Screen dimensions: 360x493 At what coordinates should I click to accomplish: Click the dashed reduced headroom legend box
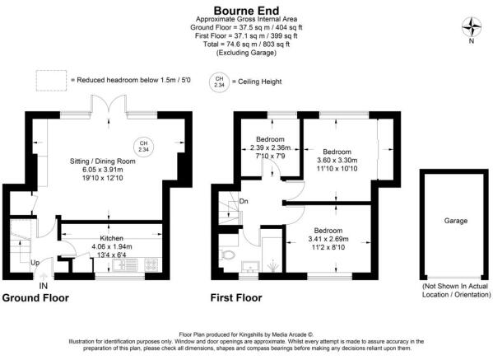tap(51, 80)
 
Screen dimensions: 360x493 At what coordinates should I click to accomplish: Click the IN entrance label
tap(43, 284)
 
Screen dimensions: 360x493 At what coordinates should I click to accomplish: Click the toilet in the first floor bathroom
tap(228, 257)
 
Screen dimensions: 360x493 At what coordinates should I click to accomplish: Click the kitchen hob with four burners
tap(153, 265)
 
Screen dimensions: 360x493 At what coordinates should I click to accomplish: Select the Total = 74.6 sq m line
tap(245, 44)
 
